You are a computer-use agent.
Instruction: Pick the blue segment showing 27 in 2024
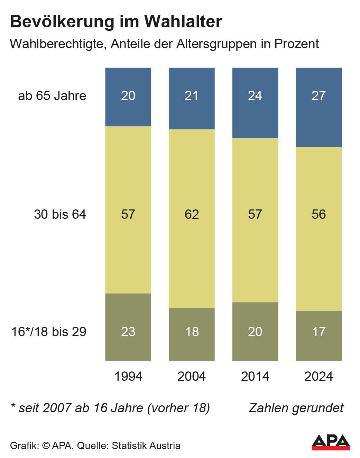coord(319,107)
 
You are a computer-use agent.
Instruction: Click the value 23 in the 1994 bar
coord(128,332)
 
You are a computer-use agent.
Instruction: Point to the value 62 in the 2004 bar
coord(192,214)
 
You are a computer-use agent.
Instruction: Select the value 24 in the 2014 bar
coord(255,96)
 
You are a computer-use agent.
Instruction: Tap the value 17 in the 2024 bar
coord(319,332)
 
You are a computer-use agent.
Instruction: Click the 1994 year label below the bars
coord(128,376)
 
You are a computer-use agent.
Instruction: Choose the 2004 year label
coord(192,376)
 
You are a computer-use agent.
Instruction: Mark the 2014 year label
coord(255,376)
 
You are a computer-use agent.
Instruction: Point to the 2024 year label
coord(319,376)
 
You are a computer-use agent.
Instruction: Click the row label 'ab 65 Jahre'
coord(52,96)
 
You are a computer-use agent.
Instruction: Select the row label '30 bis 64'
coord(60,214)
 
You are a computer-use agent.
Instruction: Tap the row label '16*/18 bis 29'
coord(49,332)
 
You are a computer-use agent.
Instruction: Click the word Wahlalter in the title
coord(183,21)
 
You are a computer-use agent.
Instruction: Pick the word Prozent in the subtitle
coord(296,44)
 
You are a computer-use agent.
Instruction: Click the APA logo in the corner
coord(331,442)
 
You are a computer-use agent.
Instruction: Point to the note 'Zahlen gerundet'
coord(296,408)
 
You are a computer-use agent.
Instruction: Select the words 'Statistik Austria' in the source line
coord(146,446)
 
